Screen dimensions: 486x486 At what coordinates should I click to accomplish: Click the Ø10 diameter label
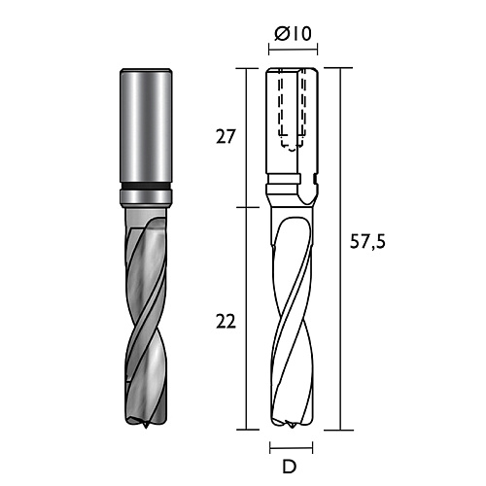click(293, 34)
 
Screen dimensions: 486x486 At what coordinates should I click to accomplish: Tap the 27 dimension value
click(225, 136)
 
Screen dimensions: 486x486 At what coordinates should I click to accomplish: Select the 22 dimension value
click(226, 322)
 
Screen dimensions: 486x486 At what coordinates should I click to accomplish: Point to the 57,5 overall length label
click(367, 242)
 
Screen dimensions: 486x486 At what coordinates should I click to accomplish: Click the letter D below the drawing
click(290, 467)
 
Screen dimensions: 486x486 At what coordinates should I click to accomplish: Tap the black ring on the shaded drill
click(146, 187)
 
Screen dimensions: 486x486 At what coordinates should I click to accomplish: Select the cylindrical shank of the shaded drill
click(146, 127)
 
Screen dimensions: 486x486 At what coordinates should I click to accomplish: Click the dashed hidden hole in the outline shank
click(293, 110)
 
